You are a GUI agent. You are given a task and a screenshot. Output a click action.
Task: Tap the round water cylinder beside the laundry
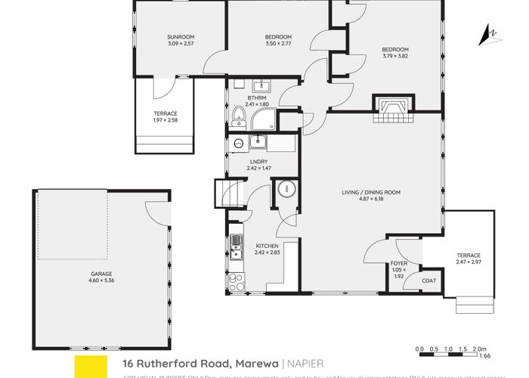tap(286, 189)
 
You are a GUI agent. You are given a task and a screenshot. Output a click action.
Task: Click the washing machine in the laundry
tap(239, 143)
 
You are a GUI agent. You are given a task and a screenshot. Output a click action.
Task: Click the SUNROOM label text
tap(181, 36)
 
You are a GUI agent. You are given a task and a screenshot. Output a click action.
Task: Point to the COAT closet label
tap(428, 280)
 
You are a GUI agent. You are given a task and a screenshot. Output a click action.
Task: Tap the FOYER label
tap(399, 263)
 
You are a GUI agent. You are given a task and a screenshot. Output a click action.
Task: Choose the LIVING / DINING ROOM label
tap(370, 193)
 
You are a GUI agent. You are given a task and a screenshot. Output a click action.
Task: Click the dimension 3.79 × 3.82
tap(395, 56)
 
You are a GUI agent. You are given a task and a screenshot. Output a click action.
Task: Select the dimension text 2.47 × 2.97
tap(468, 262)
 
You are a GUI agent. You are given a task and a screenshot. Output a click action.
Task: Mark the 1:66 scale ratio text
tap(487, 355)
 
